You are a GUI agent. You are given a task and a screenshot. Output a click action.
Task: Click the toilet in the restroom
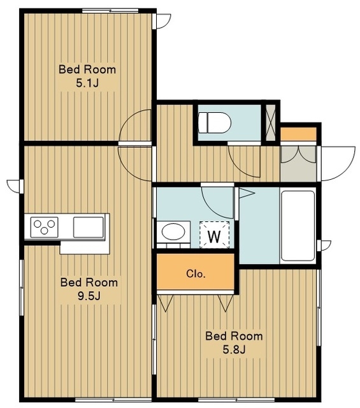click(214, 122)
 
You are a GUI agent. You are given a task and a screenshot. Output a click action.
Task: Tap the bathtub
click(298, 226)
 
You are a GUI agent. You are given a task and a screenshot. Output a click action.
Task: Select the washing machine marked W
click(214, 235)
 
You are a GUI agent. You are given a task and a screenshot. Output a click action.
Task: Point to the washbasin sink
click(173, 231)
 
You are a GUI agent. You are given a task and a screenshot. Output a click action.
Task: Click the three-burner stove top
click(44, 227)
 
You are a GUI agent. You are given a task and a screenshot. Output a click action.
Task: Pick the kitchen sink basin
click(89, 227)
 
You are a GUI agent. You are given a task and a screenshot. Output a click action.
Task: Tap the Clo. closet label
click(196, 273)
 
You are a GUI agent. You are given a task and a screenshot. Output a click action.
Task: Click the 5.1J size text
click(87, 84)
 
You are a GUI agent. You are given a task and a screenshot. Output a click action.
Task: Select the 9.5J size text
click(89, 296)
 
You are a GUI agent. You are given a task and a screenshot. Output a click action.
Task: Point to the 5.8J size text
click(234, 350)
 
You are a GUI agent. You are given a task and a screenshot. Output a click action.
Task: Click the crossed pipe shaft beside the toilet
click(271, 122)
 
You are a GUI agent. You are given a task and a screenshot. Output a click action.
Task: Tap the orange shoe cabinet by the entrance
click(298, 135)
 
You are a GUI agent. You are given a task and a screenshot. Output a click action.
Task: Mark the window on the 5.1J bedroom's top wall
click(110, 11)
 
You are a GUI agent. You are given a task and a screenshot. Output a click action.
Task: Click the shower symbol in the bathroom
click(247, 193)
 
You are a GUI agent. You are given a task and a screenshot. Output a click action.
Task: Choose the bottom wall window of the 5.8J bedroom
click(236, 399)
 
